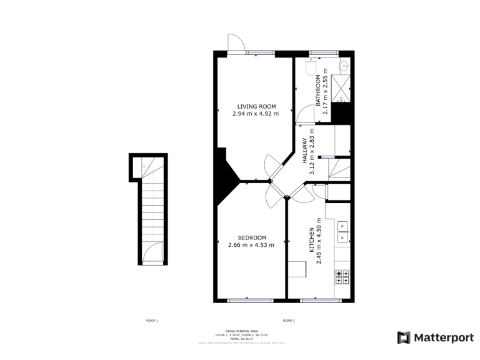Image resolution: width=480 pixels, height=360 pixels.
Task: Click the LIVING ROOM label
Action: [x=256, y=106]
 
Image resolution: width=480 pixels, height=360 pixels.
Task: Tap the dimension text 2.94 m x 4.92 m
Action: [x=256, y=114]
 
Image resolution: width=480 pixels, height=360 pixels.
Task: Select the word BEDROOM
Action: [x=252, y=237]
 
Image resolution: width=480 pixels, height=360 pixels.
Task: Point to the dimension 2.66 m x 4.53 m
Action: [x=252, y=245]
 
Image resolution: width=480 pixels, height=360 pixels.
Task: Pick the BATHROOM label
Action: [x=318, y=91]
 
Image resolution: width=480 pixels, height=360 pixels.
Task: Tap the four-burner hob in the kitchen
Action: [x=342, y=276]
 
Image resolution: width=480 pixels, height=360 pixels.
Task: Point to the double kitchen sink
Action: [x=342, y=231]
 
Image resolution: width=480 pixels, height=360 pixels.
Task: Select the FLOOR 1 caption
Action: [x=152, y=321]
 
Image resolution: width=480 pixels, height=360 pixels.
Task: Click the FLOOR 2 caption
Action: [x=288, y=321]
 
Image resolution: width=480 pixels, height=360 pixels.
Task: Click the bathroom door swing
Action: [x=306, y=113]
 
